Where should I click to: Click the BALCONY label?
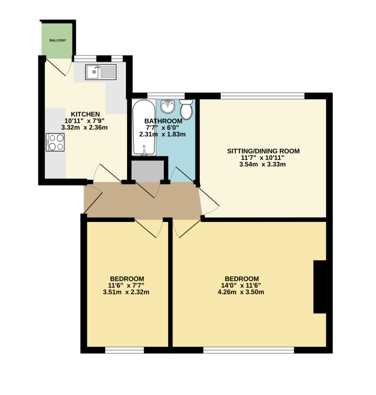[58, 40]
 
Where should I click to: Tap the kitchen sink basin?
[94, 72]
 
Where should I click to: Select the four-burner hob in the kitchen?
[55, 142]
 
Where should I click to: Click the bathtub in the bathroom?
[144, 127]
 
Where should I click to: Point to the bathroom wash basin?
[168, 106]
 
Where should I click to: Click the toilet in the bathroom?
[186, 109]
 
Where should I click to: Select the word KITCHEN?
[85, 114]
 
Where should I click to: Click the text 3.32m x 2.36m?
[84, 127]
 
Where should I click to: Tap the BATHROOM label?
[163, 121]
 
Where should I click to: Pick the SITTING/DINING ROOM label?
[263, 151]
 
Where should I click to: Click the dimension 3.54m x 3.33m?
[262, 164]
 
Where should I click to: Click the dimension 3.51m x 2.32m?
[126, 292]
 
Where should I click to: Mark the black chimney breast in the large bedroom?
[320, 287]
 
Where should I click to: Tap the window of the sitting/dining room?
[263, 96]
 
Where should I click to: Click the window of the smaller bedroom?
[124, 350]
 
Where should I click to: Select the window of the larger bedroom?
[248, 350]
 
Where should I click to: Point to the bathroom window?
[166, 96]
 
